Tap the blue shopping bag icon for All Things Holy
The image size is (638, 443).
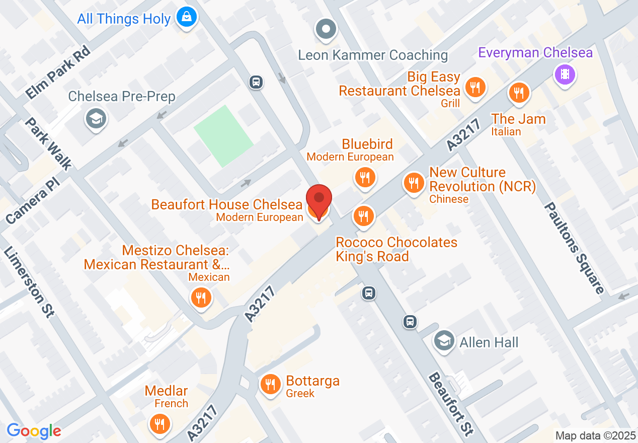(x=187, y=18)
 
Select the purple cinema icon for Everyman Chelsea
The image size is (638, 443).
(x=565, y=75)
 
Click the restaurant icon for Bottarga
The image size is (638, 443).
(x=271, y=384)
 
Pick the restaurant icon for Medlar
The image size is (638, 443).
(x=159, y=423)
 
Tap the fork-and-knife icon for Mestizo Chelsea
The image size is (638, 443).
(x=201, y=297)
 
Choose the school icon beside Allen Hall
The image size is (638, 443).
(x=444, y=341)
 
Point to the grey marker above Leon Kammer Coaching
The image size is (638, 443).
(x=326, y=29)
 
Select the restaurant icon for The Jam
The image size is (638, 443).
(x=518, y=93)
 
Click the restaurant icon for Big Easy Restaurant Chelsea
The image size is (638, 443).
(x=474, y=87)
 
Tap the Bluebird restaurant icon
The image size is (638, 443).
(x=364, y=178)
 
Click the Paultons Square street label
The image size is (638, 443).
(x=574, y=248)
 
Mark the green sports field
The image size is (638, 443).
(x=222, y=135)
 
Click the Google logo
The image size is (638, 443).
(x=34, y=431)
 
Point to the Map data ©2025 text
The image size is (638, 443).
(x=595, y=435)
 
